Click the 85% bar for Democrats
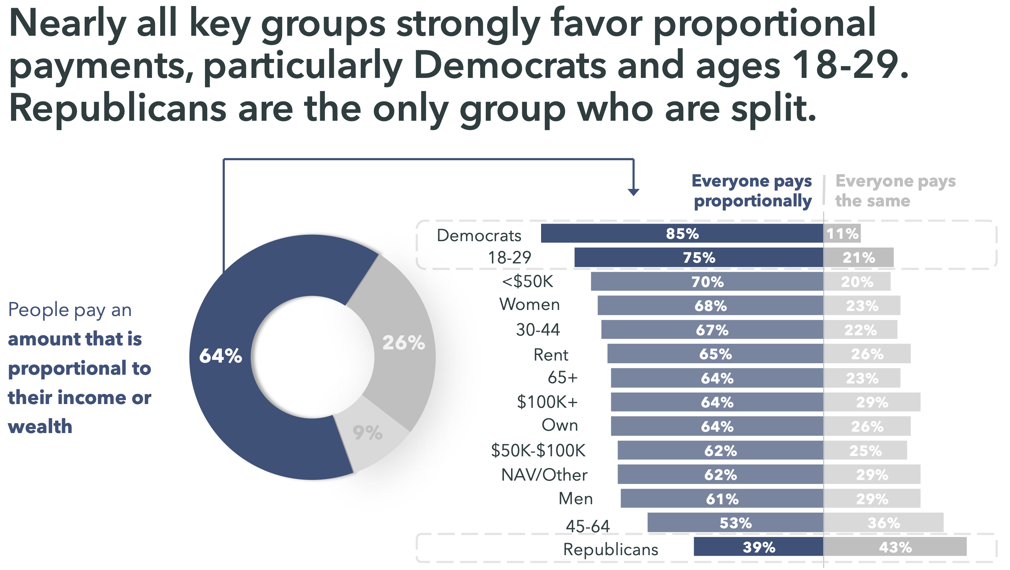[682, 233]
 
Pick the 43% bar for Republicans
[895, 547]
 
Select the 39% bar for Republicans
[758, 547]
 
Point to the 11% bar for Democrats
[842, 233]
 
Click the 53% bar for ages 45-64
[735, 522]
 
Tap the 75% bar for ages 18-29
[699, 257]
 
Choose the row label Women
[529, 305]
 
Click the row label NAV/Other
[544, 475]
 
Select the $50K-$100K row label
[538, 450]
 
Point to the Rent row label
[551, 354]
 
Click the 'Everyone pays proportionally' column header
[752, 191]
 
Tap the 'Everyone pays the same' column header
[895, 191]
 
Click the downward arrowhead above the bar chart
[633, 192]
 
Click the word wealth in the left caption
[40, 426]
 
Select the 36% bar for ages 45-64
[883, 522]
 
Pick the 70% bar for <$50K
[707, 281]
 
